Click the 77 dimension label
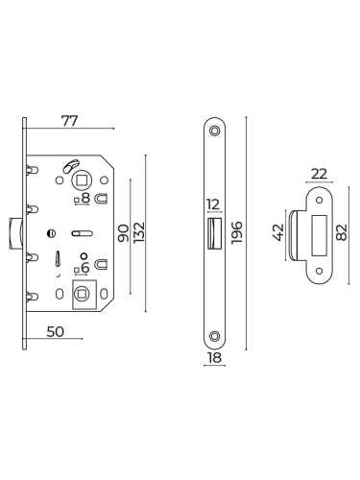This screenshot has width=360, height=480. (x=69, y=121)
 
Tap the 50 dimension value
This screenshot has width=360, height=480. (x=56, y=332)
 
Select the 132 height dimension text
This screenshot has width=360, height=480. (x=139, y=232)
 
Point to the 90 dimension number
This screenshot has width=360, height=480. (x=124, y=233)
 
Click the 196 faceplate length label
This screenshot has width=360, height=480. (x=237, y=232)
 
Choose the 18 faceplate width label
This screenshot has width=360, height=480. (x=214, y=358)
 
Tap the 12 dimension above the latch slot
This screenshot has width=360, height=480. (x=213, y=204)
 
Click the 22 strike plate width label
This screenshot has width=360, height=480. (x=320, y=174)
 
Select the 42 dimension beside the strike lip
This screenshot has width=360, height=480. (x=278, y=232)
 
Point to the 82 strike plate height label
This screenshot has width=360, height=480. (x=342, y=232)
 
